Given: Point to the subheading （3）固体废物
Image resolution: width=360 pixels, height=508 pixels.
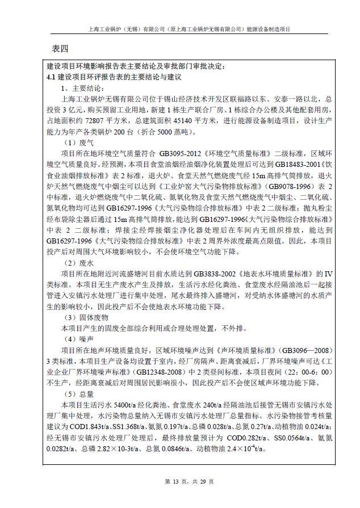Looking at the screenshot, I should click(x=86, y=317).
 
